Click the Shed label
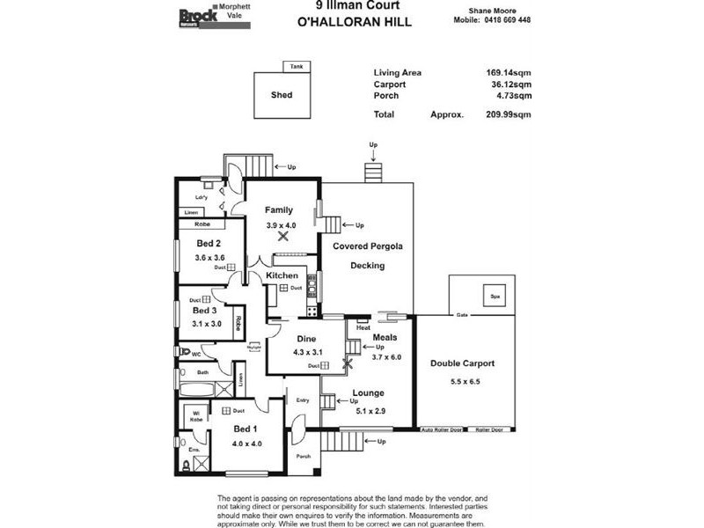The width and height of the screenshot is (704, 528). click(282, 95)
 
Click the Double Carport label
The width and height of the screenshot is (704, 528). click(462, 363)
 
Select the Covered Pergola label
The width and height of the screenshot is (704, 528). click(368, 246)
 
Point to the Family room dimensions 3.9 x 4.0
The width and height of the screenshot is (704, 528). click(282, 225)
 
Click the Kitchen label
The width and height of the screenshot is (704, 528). click(282, 276)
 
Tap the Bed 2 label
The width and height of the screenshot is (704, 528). click(208, 243)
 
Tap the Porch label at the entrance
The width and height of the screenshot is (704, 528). click(304, 456)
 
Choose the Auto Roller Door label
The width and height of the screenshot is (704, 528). click(442, 429)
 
